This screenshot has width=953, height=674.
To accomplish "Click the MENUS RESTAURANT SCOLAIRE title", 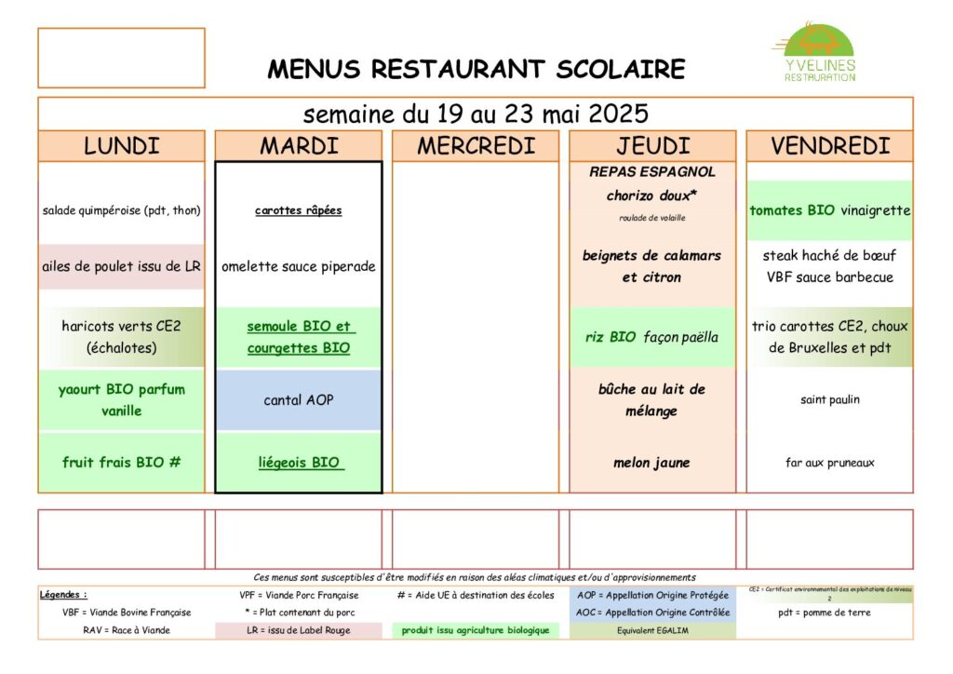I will tap(476, 70).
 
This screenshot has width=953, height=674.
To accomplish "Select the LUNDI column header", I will tap(121, 146).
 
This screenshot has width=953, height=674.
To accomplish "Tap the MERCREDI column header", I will tap(476, 146).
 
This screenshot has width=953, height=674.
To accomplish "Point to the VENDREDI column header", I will tap(830, 146).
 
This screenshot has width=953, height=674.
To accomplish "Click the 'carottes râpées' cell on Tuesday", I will tap(298, 210).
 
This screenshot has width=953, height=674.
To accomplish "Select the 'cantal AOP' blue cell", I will tap(298, 400).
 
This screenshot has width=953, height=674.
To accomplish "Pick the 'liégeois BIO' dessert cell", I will tap(298, 463).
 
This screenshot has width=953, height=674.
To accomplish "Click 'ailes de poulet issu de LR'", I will tap(121, 266).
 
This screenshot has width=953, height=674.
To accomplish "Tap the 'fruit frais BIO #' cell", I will tap(121, 462).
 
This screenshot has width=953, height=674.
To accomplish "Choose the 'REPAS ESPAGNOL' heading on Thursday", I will tap(652, 172).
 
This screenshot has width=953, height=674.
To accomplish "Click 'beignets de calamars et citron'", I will tap(652, 266).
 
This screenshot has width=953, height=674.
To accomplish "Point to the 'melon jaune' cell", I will tap(652, 463).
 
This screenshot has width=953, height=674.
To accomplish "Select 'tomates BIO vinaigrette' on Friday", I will tap(830, 210).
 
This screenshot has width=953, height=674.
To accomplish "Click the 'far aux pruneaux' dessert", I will tap(830, 463).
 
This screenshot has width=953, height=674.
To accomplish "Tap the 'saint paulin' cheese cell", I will tap(830, 400).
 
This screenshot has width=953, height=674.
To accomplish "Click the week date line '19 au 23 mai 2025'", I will tap(476, 115).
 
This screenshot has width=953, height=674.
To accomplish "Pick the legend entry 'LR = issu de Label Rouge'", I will tap(298, 630).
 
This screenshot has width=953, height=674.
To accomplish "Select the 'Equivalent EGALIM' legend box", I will tap(652, 630).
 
